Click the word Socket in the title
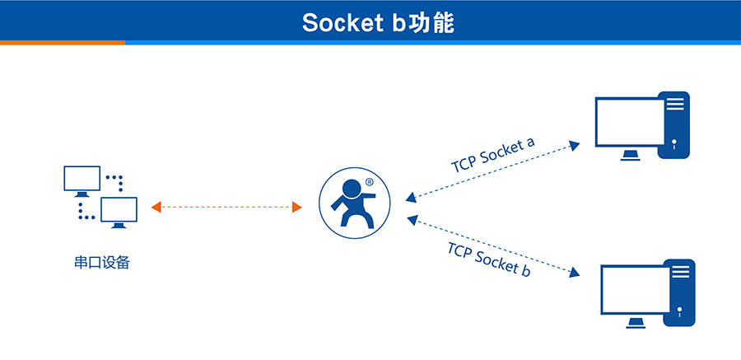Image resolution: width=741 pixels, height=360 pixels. point(338,23)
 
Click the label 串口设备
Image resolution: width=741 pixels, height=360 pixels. point(102,264)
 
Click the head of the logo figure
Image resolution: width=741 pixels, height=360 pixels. point(352,187)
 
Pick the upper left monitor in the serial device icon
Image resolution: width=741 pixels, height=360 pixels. point(82,178)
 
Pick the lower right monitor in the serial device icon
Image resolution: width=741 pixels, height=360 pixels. point(119,209)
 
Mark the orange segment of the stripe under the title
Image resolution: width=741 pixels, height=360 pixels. point(62,42)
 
